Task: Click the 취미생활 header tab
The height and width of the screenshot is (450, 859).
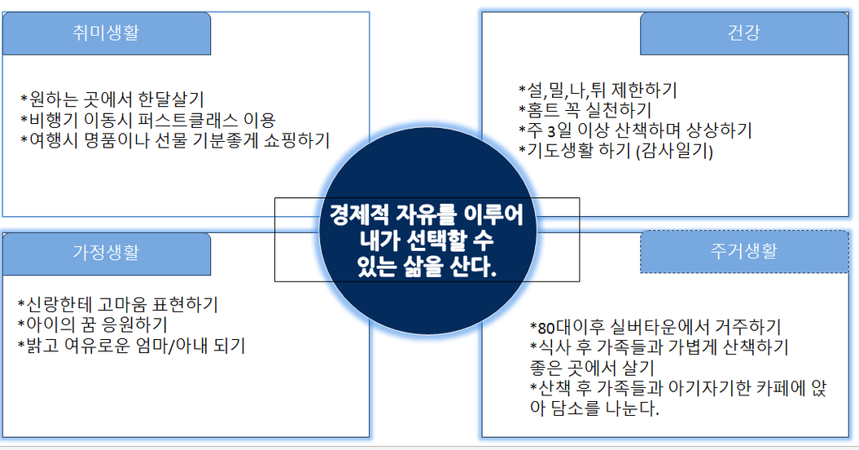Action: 107,33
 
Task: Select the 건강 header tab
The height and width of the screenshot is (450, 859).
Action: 744,33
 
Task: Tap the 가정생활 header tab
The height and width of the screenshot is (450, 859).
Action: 107,254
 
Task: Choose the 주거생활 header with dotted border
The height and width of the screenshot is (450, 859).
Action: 744,251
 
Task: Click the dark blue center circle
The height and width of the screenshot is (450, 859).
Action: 427,231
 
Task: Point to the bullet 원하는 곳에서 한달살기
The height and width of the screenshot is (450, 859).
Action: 112,99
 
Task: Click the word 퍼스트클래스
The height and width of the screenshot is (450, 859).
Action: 188,120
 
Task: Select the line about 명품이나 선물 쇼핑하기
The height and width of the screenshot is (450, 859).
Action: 175,140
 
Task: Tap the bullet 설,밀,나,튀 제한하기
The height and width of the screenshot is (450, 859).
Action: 598,90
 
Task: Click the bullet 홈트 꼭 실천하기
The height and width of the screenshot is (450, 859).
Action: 585,110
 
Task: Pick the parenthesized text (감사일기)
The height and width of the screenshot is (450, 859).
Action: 674,151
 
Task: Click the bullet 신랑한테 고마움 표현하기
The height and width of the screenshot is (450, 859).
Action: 118,305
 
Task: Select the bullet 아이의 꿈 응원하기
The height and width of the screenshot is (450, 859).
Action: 93,325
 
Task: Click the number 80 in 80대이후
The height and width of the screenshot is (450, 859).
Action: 546,329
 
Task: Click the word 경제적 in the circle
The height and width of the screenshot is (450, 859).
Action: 359,214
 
